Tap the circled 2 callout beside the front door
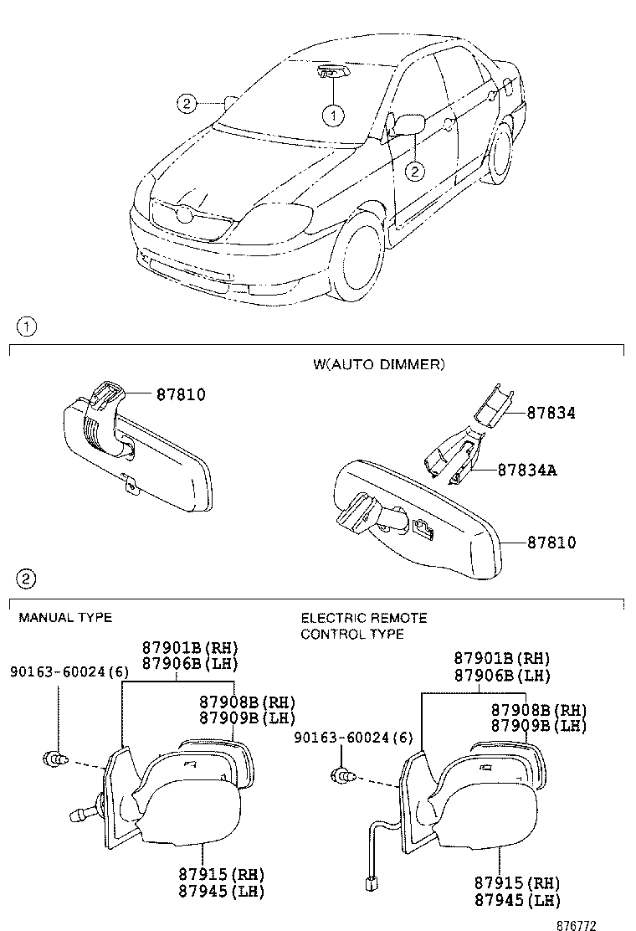tap(414, 172)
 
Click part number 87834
tap(551, 413)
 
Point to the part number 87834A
tap(527, 471)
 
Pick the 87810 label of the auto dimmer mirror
tap(551, 543)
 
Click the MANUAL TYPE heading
tap(65, 618)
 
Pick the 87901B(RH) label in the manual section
tap(190, 648)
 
